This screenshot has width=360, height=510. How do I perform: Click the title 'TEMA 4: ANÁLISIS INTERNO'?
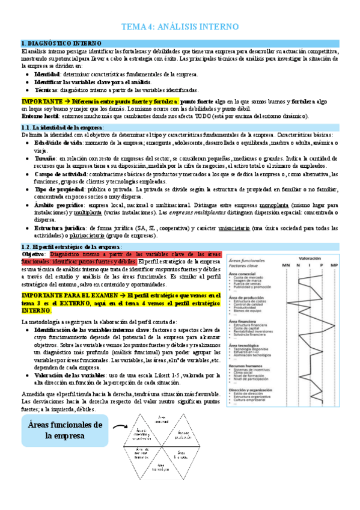pyautogui.click(x=180, y=27)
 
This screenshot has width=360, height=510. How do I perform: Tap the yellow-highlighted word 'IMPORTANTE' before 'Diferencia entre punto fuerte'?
pyautogui.click(x=41, y=102)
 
